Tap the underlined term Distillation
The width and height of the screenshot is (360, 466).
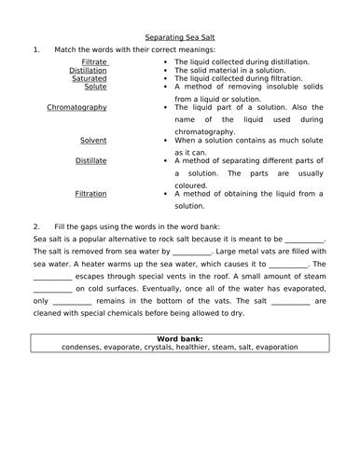click(x=88, y=70)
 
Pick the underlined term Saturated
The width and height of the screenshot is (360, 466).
click(x=90, y=78)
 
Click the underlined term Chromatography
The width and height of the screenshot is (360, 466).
click(x=76, y=107)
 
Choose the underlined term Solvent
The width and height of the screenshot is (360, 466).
click(x=92, y=140)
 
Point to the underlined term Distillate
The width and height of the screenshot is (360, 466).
click(x=90, y=160)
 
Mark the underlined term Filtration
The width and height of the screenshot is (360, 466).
click(x=90, y=194)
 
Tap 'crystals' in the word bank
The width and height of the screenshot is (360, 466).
click(x=152, y=347)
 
